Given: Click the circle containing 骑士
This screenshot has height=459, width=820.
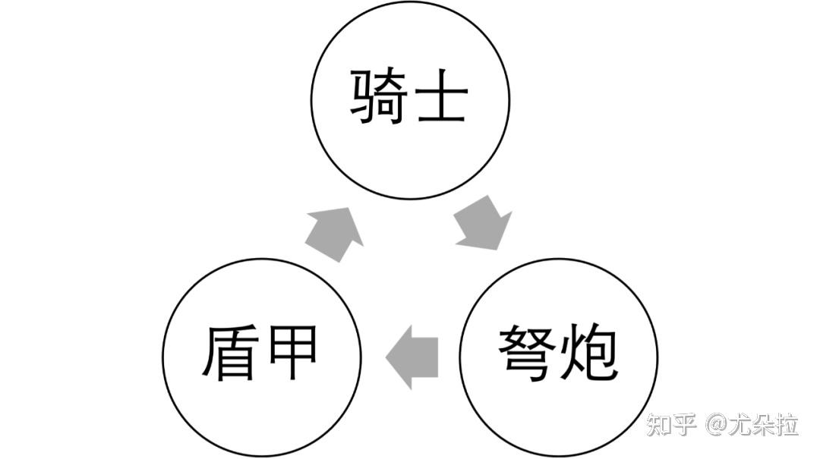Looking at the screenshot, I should click(x=410, y=99).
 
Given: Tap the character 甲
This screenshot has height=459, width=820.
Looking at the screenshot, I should click(x=292, y=354).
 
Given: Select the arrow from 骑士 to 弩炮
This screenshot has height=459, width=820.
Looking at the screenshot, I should click(x=484, y=222).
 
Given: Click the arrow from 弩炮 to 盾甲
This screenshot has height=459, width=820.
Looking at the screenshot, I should click(x=412, y=357).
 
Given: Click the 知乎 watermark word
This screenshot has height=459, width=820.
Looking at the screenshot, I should click(x=671, y=424).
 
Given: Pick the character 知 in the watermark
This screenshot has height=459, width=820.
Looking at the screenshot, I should click(x=658, y=424).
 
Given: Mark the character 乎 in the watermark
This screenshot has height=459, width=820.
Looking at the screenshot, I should click(x=684, y=424).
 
